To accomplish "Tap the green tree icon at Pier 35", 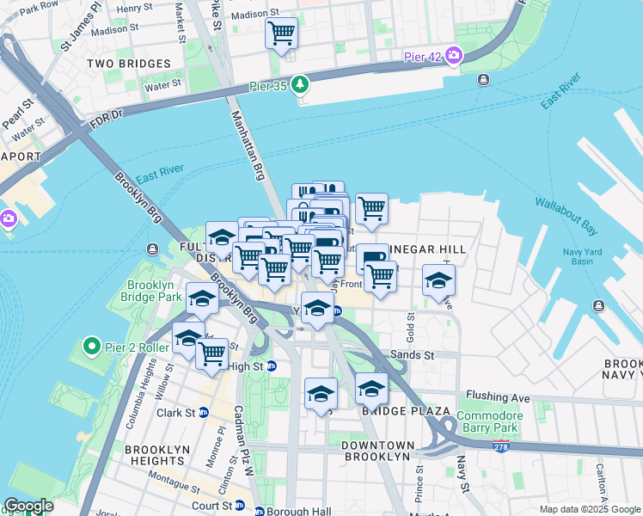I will click(x=299, y=84).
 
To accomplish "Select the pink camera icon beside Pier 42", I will click(x=452, y=57).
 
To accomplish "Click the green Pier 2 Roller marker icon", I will click(x=93, y=347).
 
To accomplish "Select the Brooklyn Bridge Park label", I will click(x=155, y=291).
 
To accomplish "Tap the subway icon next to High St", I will click(x=272, y=365).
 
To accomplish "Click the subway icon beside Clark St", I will click(x=205, y=412).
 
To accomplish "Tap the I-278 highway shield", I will click(x=501, y=446).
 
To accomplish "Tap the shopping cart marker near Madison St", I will click(x=281, y=34).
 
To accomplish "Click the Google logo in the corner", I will click(x=28, y=506).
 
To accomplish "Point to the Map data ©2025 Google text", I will click(x=589, y=509).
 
